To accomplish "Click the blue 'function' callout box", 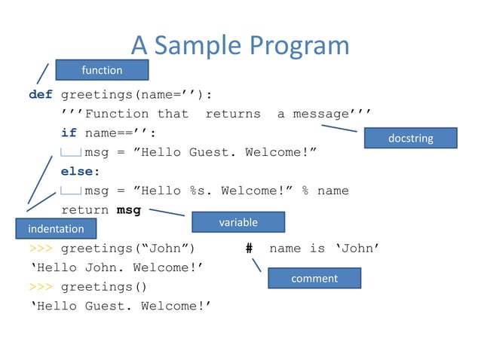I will coord(102,70).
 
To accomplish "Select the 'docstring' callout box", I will coord(410,138).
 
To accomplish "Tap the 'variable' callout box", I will coord(238,222).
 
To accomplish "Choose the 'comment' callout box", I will coord(314,279).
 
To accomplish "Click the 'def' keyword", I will coord(40,95).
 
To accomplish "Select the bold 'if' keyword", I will coord(69,133).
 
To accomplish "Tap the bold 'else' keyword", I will coord(79,172).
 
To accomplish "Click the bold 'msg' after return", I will coord(128,210).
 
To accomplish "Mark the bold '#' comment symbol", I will coord(249,249).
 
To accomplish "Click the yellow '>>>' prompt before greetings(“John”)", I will coord(40,249).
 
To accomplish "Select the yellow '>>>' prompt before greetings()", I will coord(40,287).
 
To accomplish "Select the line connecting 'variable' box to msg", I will coord(167,212).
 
